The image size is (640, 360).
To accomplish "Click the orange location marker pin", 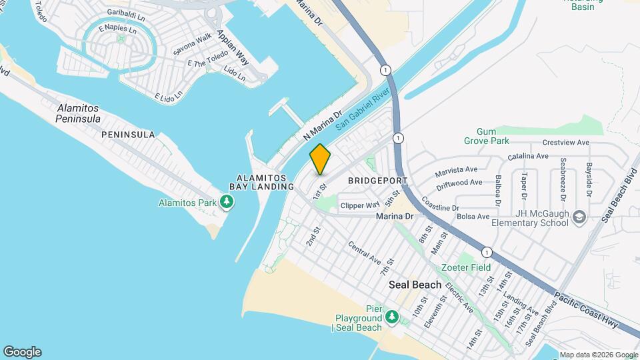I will click(320, 159).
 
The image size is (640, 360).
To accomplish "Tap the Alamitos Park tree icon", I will click(227, 202).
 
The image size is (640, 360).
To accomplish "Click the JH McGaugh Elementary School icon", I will click(579, 217).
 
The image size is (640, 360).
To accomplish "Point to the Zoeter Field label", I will click(466, 267).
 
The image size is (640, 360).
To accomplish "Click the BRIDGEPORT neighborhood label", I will click(378, 181).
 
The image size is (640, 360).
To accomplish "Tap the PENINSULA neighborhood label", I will click(128, 135).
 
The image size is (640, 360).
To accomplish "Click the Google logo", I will click(22, 352).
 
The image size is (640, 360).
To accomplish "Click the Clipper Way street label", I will click(360, 205).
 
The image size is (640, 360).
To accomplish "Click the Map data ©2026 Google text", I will click(597, 355).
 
